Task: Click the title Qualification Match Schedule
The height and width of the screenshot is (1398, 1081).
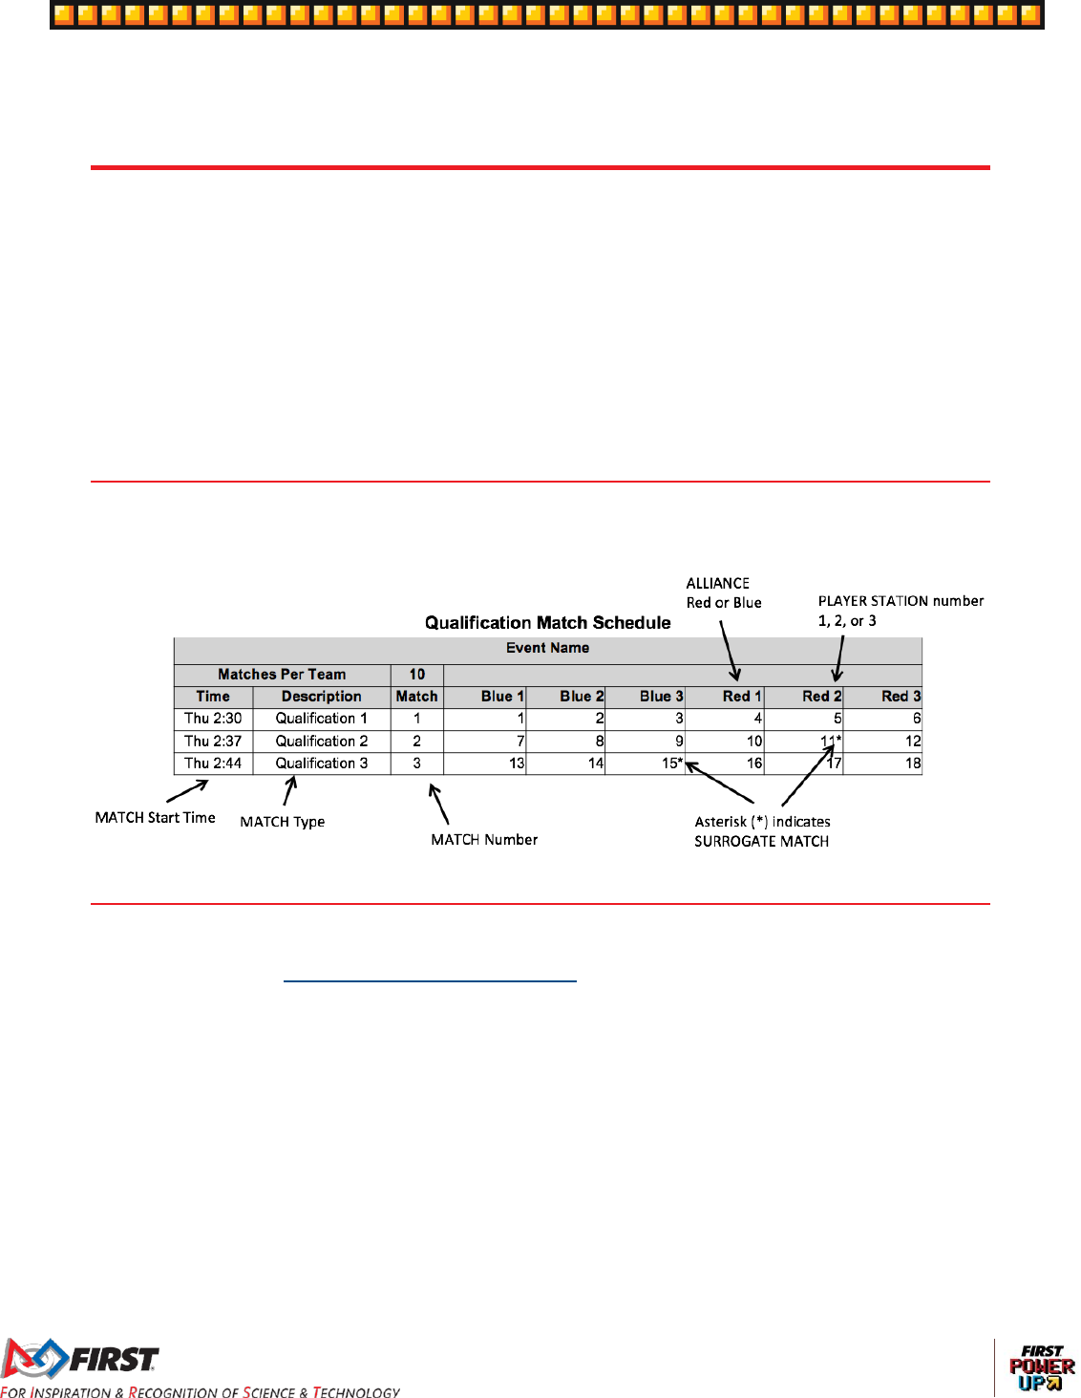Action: pyautogui.click(x=547, y=623)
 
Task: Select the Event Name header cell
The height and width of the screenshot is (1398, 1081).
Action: pyautogui.click(x=547, y=648)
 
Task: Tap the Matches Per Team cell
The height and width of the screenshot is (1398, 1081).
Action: pyautogui.click(x=282, y=675)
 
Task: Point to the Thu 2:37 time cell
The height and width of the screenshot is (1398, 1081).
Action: pyautogui.click(x=213, y=742)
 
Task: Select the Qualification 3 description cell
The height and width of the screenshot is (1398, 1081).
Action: pyautogui.click(x=321, y=764)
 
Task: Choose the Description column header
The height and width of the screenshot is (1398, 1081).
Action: pyautogui.click(x=321, y=697)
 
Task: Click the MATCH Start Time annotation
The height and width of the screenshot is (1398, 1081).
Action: pyautogui.click(x=155, y=818)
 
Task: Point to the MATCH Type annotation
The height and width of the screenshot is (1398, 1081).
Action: pyautogui.click(x=282, y=822)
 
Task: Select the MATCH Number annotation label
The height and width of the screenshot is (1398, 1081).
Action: pyautogui.click(x=484, y=840)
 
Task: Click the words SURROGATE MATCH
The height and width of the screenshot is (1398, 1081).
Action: pyautogui.click(x=761, y=842)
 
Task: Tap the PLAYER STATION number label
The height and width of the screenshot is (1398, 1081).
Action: pyautogui.click(x=901, y=601)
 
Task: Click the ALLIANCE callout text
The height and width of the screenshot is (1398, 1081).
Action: pyautogui.click(x=718, y=583)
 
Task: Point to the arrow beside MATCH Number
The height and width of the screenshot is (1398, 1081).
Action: pyautogui.click(x=438, y=804)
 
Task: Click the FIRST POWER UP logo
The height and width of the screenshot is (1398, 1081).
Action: pyautogui.click(x=1042, y=1367)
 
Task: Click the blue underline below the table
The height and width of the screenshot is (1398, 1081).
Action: pyautogui.click(x=430, y=981)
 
